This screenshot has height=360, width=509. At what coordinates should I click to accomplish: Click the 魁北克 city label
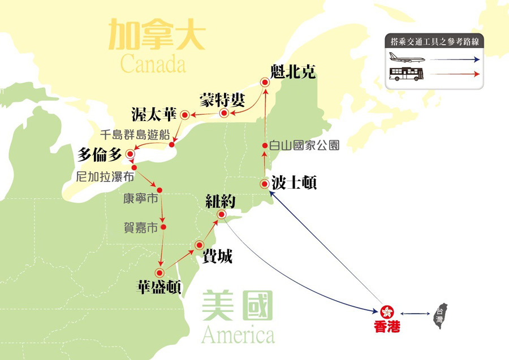pos(292,72)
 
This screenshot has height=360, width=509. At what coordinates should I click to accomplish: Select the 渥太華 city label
pos(154,114)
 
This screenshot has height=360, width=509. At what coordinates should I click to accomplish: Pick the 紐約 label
pos(221,201)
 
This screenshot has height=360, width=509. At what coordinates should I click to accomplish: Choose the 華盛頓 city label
pos(159,287)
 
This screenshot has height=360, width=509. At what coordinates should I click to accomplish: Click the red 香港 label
pos(387,327)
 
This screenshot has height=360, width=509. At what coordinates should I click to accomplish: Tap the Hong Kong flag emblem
pos(387,313)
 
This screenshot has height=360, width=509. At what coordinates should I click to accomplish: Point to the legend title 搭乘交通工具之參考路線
pos(435,41)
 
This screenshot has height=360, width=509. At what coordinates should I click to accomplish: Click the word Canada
pos(153,64)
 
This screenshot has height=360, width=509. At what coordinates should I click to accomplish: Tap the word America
pos(238,335)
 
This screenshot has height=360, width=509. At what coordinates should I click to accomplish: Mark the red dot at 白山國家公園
pos(265,146)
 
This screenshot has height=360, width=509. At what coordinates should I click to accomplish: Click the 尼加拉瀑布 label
pos(105,177)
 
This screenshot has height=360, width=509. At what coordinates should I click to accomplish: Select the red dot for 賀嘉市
pos(163,227)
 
